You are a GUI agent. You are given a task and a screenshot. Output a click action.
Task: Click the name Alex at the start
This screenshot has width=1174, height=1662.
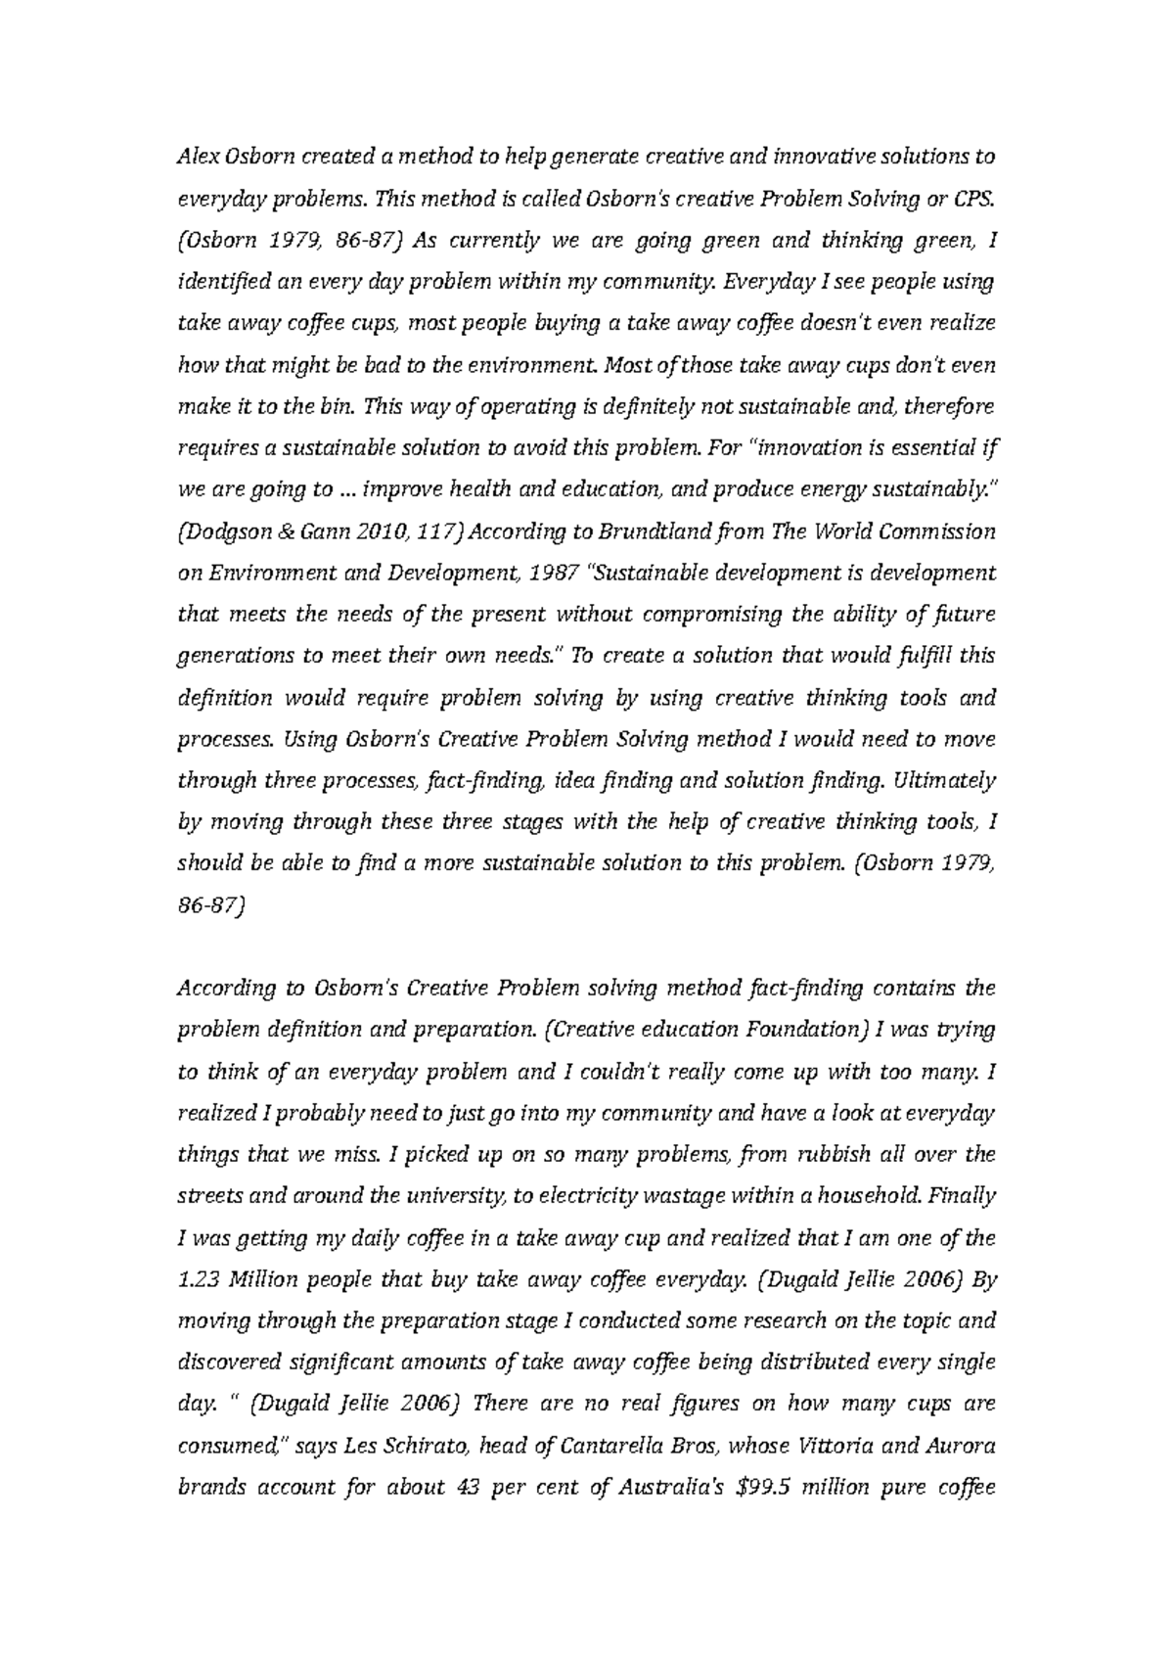194,157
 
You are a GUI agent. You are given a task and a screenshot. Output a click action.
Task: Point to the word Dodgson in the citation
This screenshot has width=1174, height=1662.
229,531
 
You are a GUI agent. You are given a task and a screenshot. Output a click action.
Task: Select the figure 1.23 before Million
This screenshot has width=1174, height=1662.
198,1279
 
